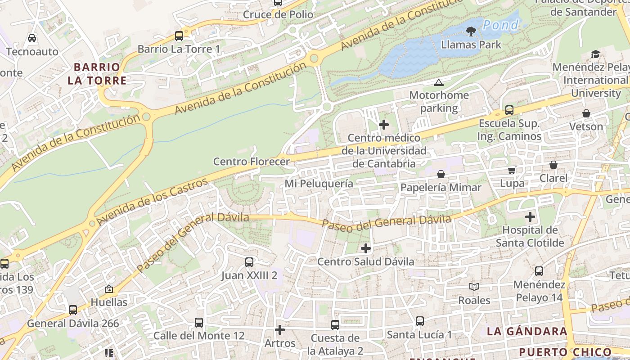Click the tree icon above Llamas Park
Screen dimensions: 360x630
click(x=471, y=31)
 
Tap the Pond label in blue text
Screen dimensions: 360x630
click(x=500, y=25)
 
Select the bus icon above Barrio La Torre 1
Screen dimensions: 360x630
click(x=179, y=36)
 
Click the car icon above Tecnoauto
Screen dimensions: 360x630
click(x=32, y=38)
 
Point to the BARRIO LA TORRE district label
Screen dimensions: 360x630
click(x=97, y=74)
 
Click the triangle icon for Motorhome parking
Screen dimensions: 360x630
click(x=438, y=82)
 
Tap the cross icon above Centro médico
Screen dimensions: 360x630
click(x=384, y=125)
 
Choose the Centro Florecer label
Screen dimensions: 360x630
click(x=251, y=161)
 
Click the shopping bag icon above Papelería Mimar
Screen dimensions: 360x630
click(x=441, y=174)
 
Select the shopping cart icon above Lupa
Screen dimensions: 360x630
click(x=512, y=170)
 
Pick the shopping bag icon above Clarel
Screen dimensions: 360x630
click(x=553, y=165)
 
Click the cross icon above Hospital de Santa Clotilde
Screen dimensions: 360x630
click(x=530, y=217)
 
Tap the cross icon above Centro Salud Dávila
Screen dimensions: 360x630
click(x=366, y=248)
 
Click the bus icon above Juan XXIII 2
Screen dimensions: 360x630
click(x=249, y=262)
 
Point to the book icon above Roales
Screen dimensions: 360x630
click(x=474, y=287)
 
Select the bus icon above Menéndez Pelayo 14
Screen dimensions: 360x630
click(x=539, y=271)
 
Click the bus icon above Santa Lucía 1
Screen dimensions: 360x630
click(x=419, y=321)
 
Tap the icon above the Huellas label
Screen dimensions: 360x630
click(x=108, y=289)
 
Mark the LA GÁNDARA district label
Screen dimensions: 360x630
click(x=527, y=332)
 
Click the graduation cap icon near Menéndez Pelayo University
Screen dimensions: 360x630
click(x=595, y=54)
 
